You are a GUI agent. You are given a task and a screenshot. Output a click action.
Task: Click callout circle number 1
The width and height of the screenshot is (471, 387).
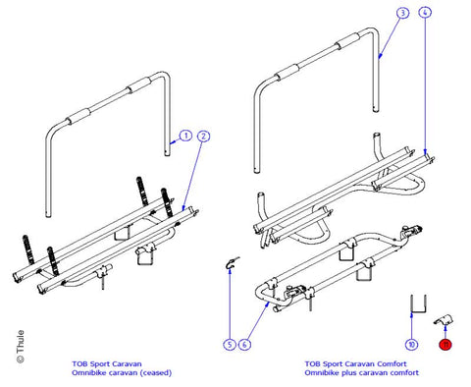(185, 136)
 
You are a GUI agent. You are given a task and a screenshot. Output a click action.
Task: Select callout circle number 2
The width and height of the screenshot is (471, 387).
(203, 136)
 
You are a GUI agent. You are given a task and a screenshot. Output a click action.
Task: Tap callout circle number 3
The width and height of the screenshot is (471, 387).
(402, 13)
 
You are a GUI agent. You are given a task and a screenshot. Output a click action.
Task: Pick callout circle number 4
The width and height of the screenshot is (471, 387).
(425, 13)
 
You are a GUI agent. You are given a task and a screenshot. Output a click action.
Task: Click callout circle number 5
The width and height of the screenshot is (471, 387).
(230, 344)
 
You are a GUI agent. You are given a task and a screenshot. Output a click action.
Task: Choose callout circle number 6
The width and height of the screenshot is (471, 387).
(244, 344)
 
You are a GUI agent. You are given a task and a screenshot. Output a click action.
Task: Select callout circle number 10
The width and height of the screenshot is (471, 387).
(411, 344)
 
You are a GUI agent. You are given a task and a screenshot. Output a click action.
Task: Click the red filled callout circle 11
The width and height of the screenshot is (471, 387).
(445, 345)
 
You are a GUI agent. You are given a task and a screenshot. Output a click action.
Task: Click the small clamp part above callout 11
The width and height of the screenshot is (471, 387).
(444, 319)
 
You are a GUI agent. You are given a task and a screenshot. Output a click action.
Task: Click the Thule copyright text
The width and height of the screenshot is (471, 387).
(21, 347)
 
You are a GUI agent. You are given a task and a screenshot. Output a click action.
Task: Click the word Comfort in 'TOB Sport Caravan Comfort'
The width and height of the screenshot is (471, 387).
(392, 363)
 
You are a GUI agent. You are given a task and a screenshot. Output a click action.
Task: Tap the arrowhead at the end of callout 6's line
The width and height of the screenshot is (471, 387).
(268, 304)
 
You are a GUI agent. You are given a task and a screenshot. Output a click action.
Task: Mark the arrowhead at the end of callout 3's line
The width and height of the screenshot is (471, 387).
(380, 57)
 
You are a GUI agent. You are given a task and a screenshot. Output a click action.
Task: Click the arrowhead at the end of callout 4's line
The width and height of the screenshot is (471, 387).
(425, 151)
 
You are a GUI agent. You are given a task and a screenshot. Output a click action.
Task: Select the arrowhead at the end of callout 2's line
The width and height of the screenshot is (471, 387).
(183, 207)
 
